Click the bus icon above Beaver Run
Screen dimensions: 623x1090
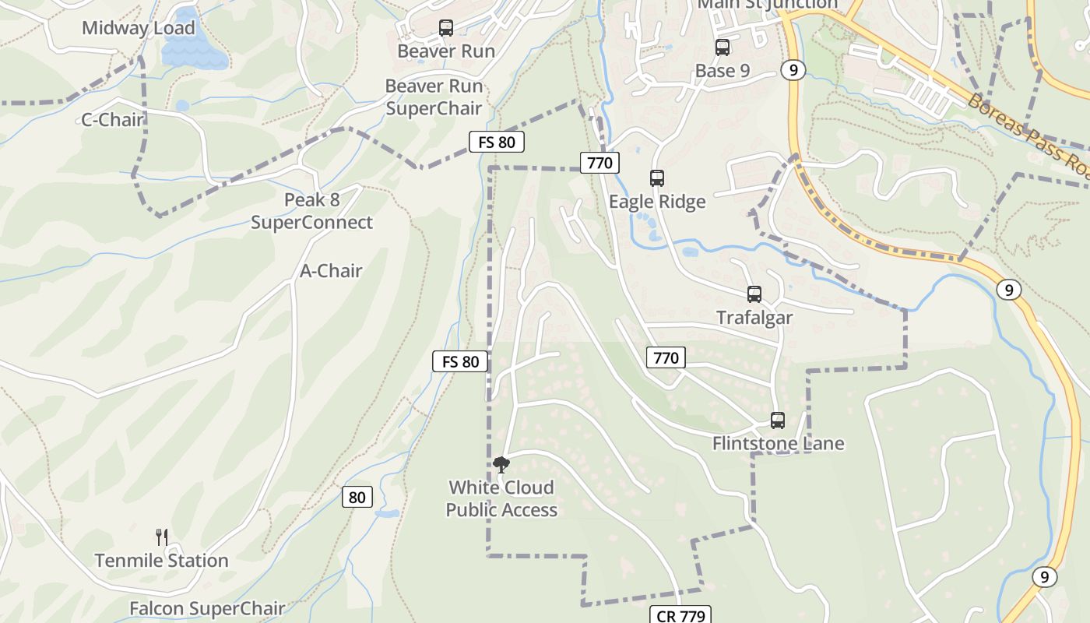coord(446,28)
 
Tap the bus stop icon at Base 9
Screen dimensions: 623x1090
coord(723,48)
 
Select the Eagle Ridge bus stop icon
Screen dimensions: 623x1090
coord(657,178)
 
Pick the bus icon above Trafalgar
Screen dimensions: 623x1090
coord(754,294)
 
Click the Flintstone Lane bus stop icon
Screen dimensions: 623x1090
coord(777,421)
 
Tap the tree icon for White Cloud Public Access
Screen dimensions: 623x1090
coord(501,465)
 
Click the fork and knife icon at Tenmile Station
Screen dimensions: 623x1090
coord(162,537)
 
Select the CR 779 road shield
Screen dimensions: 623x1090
coord(680,616)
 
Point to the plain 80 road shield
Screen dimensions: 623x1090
coord(357,497)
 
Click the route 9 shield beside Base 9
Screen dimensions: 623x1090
coord(793,70)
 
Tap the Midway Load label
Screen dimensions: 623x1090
coord(138,28)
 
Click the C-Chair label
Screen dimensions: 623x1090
coord(113,120)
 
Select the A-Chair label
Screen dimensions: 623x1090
coord(331,271)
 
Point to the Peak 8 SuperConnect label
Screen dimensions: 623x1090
coord(311,211)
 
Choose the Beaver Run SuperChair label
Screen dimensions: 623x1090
coord(434,97)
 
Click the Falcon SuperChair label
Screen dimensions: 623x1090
coord(207,608)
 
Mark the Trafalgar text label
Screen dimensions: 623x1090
coord(754,318)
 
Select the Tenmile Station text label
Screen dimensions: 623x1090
coord(162,561)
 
